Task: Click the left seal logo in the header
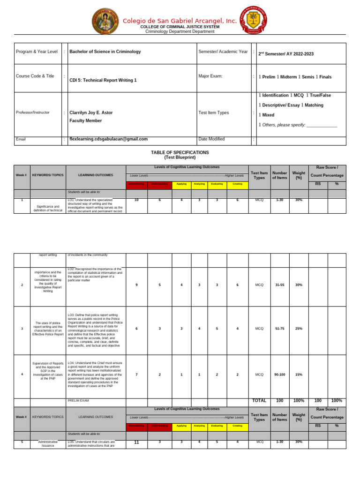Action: click(x=105, y=22)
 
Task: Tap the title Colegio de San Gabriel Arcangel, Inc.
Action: click(x=180, y=21)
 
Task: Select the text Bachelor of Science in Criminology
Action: click(x=105, y=52)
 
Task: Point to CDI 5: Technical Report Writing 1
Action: click(x=103, y=80)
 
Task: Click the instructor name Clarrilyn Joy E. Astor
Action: click(x=91, y=113)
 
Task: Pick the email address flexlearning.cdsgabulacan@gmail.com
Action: click(x=108, y=139)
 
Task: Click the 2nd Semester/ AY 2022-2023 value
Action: click(x=286, y=54)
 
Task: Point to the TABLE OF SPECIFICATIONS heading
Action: click(x=180, y=153)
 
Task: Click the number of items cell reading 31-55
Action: click(x=279, y=285)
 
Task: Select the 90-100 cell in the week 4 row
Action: click(x=279, y=375)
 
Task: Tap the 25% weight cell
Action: click(x=299, y=329)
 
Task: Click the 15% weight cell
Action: click(x=299, y=375)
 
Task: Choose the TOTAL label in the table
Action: click(x=259, y=401)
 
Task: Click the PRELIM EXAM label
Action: click(x=78, y=401)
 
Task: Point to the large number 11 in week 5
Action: click(x=136, y=442)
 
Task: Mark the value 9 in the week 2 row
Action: click(x=136, y=285)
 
